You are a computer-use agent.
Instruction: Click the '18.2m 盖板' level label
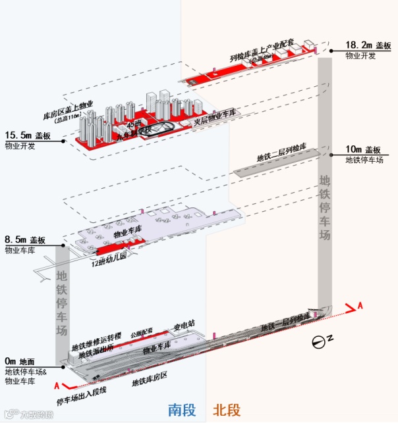click(x=368, y=46)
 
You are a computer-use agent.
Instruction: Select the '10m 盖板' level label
click(x=364, y=150)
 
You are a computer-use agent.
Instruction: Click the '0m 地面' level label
click(x=19, y=361)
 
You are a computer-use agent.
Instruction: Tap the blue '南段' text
click(x=182, y=410)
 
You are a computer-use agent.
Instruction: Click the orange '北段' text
click(x=226, y=410)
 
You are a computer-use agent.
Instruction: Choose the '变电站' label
click(x=184, y=325)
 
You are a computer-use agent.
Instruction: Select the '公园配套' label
click(x=142, y=331)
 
